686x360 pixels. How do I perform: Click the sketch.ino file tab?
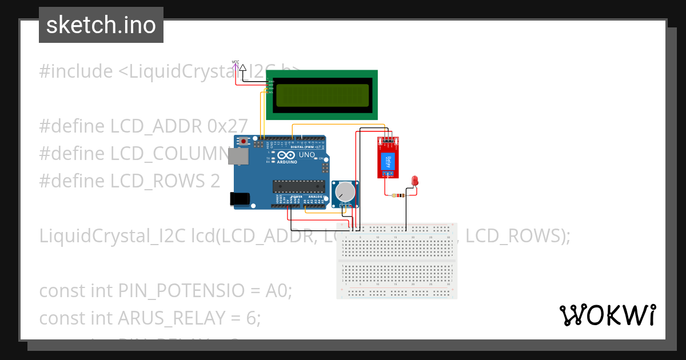coord(101,25)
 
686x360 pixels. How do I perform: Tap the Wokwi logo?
coord(607,315)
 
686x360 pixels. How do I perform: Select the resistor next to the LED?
coord(397,195)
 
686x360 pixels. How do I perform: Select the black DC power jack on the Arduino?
coord(239,198)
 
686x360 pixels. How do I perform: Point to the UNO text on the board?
coord(307,155)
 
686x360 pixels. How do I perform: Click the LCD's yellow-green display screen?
coord(322,95)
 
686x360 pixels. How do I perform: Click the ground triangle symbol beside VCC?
coord(243,68)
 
